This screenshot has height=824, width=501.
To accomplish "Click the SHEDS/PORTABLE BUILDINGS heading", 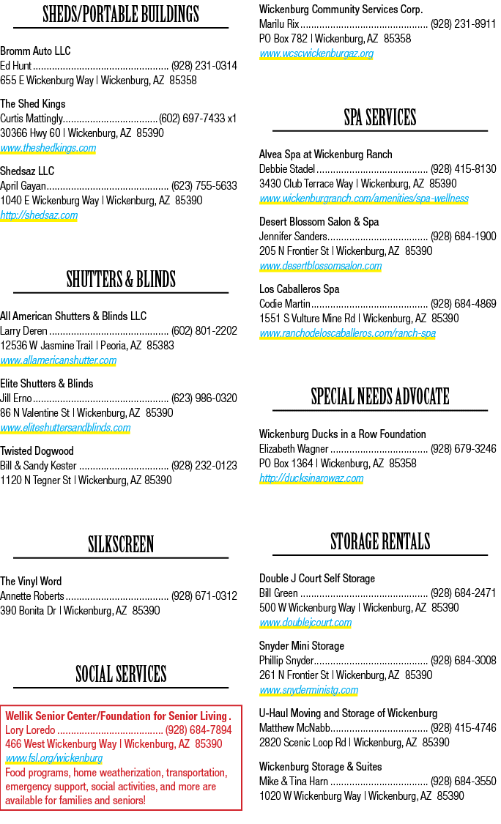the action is coord(121,14).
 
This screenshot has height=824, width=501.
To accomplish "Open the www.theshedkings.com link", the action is coord(48,148).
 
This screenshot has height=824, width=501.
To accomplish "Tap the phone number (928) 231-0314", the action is coord(204,66).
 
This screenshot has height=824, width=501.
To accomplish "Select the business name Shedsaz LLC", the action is coord(27,171).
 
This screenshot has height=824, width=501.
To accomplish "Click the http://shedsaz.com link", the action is coord(39,215).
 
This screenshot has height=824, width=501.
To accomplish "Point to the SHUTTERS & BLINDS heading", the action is coord(121,280).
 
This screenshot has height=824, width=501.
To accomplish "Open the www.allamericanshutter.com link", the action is coord(59,360).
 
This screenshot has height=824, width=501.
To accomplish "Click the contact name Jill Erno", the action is coord(16,398).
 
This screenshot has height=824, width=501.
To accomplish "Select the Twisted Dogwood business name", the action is coord(37,451).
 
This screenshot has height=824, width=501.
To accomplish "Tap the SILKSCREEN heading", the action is coord(121,544).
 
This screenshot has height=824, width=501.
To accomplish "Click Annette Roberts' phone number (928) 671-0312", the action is coord(204,596).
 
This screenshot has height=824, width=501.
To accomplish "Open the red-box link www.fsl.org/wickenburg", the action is coord(54,758).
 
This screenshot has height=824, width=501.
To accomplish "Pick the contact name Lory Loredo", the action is coord(30,730).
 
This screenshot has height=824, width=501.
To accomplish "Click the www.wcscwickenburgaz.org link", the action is coord(316,53).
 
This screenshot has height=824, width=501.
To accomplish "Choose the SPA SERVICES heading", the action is coord(380,118).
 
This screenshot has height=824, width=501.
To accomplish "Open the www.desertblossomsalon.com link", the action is coord(321,266).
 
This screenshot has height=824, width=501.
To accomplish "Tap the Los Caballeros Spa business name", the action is coord(299,289).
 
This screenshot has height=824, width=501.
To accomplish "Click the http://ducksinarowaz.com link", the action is coord(311,478).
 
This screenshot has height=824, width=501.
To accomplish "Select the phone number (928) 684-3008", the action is coord(463,661).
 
